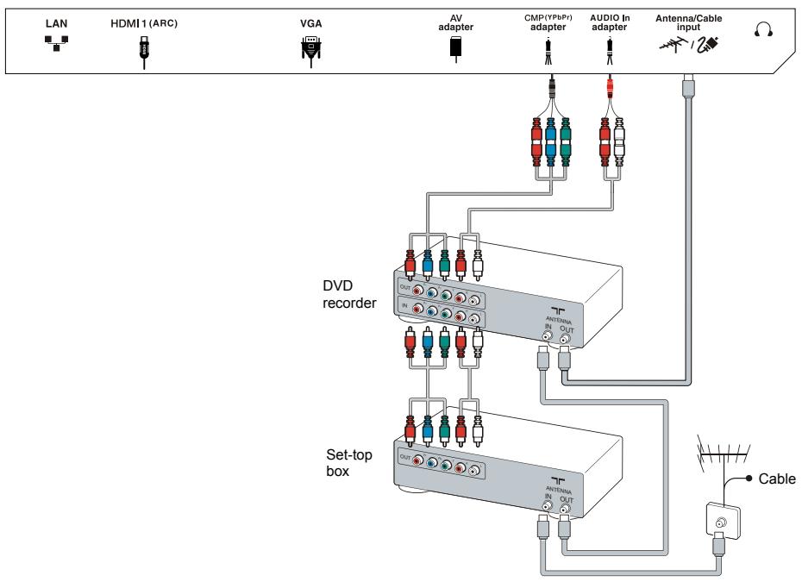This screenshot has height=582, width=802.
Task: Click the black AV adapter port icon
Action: [455, 48]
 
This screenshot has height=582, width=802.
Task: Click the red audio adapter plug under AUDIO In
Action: [611, 86]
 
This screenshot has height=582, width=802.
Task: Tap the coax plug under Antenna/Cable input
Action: [687, 86]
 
